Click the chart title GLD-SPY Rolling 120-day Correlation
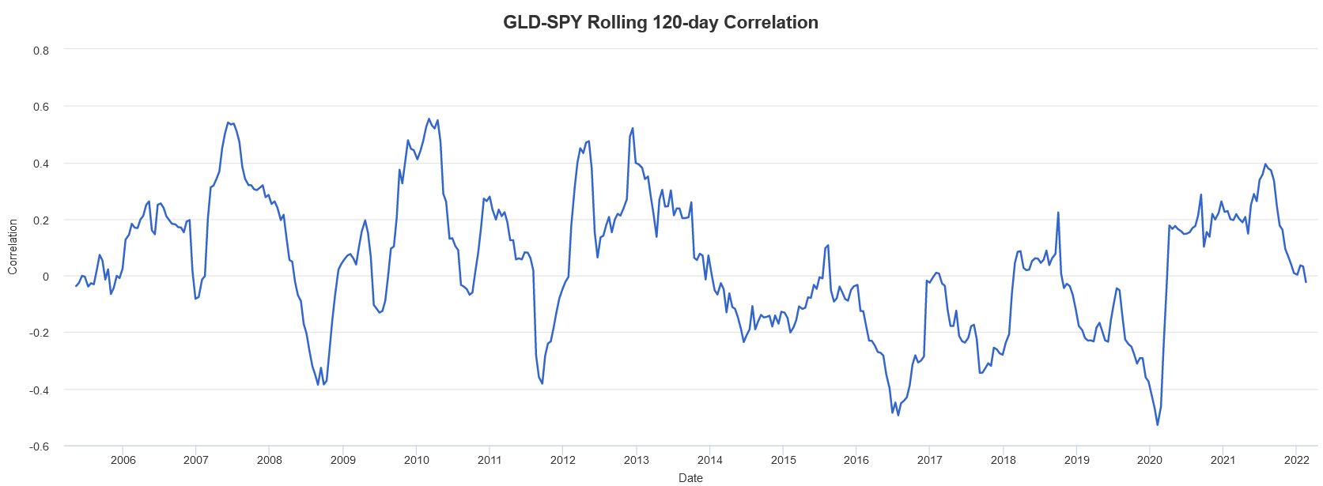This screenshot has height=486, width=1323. pyautogui.click(x=660, y=22)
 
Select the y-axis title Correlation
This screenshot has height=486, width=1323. pyautogui.click(x=13, y=247)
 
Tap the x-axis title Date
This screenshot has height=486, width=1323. pyautogui.click(x=690, y=477)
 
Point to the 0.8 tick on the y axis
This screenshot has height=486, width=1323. pyautogui.click(x=41, y=51)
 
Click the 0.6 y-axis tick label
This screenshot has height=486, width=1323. pyautogui.click(x=41, y=107)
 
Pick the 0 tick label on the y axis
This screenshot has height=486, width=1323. pyautogui.click(x=46, y=277)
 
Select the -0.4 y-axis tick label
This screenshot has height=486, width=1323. pyautogui.click(x=40, y=390)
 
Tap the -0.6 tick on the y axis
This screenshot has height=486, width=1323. pyautogui.click(x=40, y=446)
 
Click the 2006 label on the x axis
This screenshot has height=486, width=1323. pyautogui.click(x=123, y=460)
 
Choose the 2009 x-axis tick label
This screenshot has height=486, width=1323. pyautogui.click(x=343, y=460)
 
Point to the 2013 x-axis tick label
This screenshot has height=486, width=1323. pyautogui.click(x=637, y=460)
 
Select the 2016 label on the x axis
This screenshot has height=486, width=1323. pyautogui.click(x=856, y=460)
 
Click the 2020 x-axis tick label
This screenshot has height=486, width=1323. pyautogui.click(x=1150, y=460)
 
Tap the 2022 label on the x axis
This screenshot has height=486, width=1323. pyautogui.click(x=1297, y=460)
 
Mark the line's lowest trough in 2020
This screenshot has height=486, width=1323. pyautogui.click(x=1158, y=425)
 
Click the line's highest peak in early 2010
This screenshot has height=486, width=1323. pyautogui.click(x=429, y=119)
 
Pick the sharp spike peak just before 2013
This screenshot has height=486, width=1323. pyautogui.click(x=633, y=128)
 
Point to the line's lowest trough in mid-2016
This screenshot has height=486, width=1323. pyautogui.click(x=898, y=415)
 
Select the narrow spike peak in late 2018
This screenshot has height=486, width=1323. pyautogui.click(x=1058, y=213)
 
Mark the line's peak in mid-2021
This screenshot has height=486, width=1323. pyautogui.click(x=1265, y=164)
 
